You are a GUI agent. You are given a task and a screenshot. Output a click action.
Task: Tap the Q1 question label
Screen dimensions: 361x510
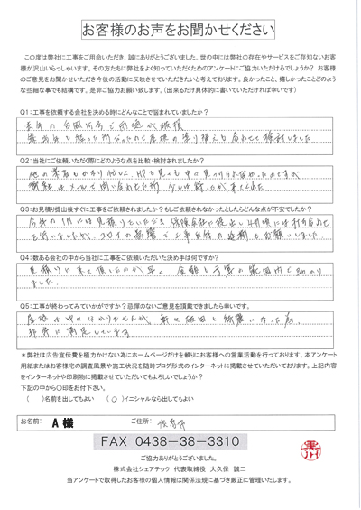click(x=28, y=111)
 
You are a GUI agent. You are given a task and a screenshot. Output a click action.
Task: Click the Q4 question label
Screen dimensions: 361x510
click(x=28, y=256)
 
